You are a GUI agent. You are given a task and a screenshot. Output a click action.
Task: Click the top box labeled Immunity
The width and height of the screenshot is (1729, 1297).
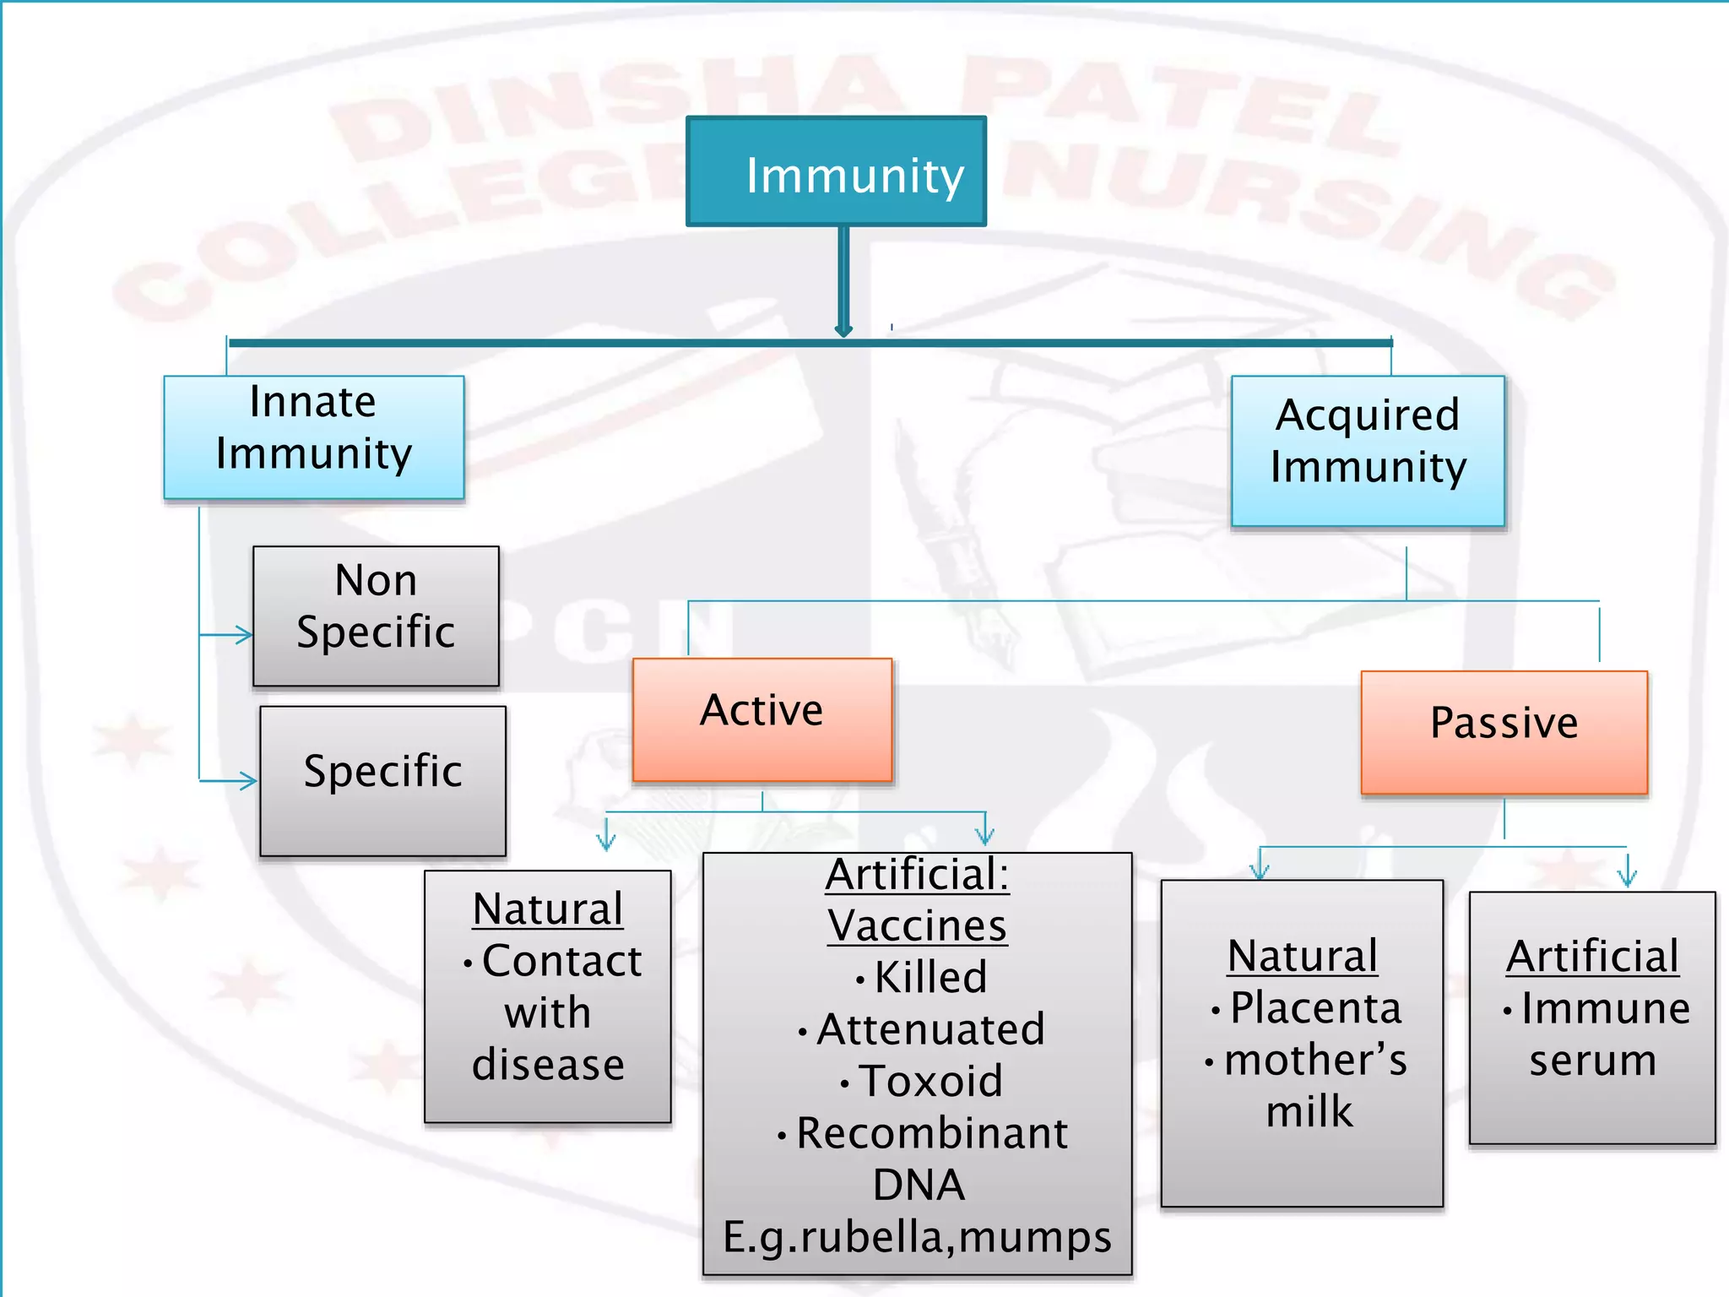[836, 172]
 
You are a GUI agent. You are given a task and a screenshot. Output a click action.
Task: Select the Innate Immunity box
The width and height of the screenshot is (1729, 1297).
[314, 437]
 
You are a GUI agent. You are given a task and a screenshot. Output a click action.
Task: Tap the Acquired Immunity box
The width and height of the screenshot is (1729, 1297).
[1368, 451]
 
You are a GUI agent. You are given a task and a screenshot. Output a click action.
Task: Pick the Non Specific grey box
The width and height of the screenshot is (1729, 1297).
[376, 616]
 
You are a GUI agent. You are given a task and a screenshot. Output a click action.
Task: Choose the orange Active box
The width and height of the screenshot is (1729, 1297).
[762, 719]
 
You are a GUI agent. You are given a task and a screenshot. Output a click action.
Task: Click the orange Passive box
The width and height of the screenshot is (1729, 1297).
[1504, 732]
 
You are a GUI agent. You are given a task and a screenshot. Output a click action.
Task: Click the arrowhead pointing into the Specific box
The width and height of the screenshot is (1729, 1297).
[247, 780]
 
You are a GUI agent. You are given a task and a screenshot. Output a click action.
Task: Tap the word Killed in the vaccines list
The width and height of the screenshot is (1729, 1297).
[930, 978]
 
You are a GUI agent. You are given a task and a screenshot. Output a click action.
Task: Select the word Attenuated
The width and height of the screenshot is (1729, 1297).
[930, 1029]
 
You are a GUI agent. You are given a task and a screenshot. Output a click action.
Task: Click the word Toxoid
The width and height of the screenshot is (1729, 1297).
[930, 1081]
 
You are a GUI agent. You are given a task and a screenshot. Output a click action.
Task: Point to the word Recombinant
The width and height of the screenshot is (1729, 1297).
[932, 1133]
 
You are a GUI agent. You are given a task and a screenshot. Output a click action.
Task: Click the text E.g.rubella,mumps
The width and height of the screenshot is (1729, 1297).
[918, 1237]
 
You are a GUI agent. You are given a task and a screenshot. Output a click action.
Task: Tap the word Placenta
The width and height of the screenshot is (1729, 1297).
[1315, 1008]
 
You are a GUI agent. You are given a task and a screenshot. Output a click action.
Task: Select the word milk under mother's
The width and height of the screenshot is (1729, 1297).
[1309, 1111]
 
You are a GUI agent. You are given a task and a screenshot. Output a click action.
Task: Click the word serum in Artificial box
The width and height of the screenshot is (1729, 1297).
[1592, 1061]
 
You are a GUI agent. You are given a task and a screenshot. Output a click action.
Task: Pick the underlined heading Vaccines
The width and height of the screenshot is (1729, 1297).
[918, 925]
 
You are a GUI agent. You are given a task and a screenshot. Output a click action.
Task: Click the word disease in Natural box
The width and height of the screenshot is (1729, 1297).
[548, 1064]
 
